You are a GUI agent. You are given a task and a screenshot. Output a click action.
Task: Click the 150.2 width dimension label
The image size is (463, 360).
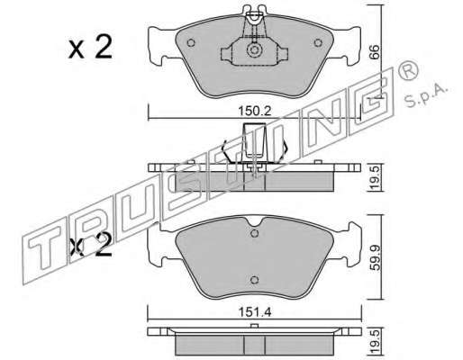click(255, 112)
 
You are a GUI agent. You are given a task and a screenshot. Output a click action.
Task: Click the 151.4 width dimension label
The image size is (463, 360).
click(255, 312)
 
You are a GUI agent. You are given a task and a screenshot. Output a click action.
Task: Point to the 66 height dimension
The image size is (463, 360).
click(374, 52)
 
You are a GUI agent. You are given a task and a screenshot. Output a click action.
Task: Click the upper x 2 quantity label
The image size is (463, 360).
click(90, 48)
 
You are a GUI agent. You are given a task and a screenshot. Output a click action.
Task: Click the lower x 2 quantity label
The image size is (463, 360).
click(90, 246)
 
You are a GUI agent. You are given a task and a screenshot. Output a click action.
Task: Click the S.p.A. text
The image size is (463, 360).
click(426, 94)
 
